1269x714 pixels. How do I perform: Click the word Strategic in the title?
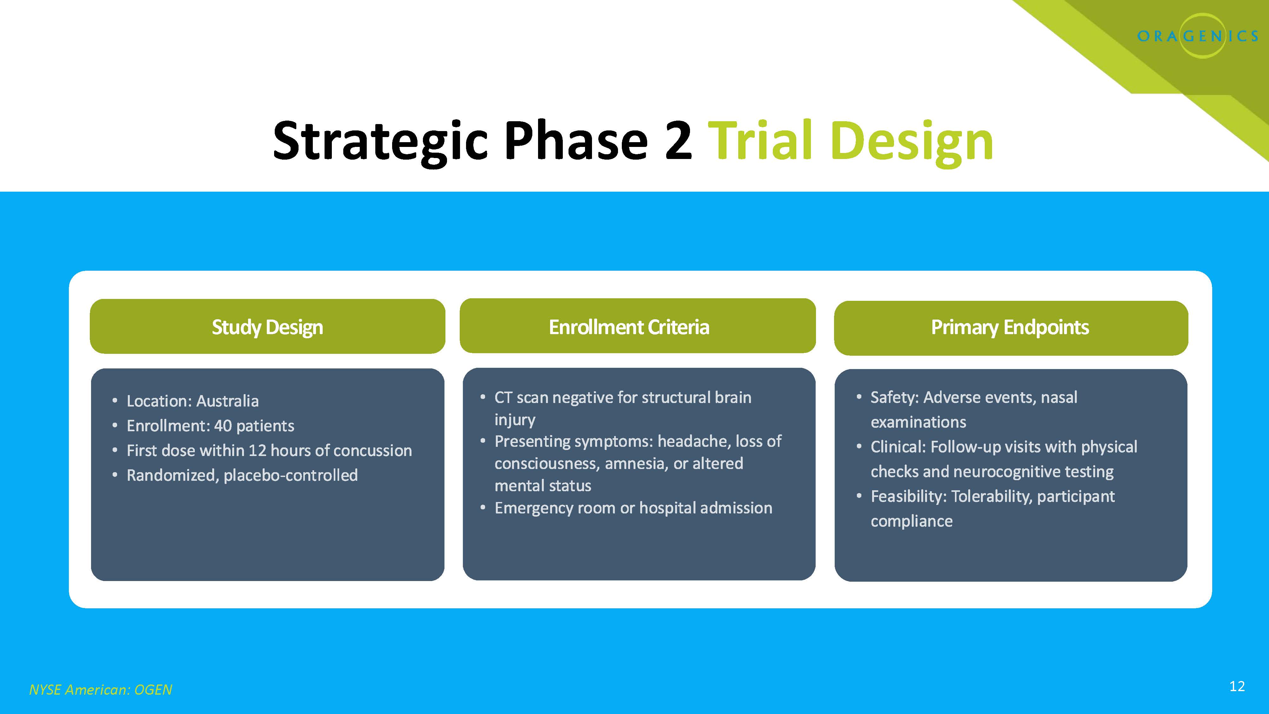point(380,142)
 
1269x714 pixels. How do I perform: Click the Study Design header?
point(267,327)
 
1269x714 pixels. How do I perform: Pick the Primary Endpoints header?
point(1009,327)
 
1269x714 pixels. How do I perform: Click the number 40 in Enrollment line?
point(223,426)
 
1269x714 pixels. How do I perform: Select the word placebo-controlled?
point(290,475)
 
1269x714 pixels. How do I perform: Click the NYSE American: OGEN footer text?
point(101,689)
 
